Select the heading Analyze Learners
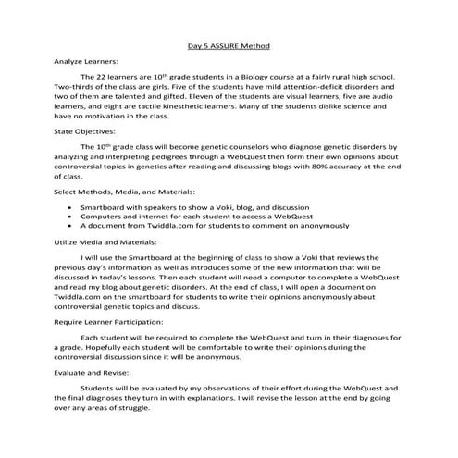[x=80, y=61]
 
